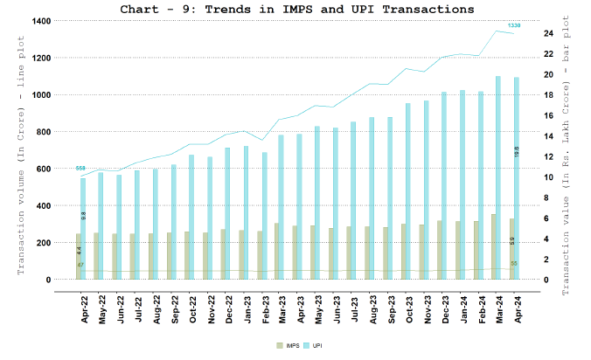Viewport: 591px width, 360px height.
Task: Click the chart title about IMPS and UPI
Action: [297, 9]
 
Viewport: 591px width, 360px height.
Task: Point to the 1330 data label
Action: [514, 25]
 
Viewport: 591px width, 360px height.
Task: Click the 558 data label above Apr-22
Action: [81, 168]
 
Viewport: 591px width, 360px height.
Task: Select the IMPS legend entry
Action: [285, 347]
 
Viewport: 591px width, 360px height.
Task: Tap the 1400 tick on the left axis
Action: [39, 20]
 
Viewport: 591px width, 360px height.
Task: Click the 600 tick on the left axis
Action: [42, 169]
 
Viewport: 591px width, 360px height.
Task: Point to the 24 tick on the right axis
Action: [547, 33]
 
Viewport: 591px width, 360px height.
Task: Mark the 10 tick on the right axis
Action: [547, 177]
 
